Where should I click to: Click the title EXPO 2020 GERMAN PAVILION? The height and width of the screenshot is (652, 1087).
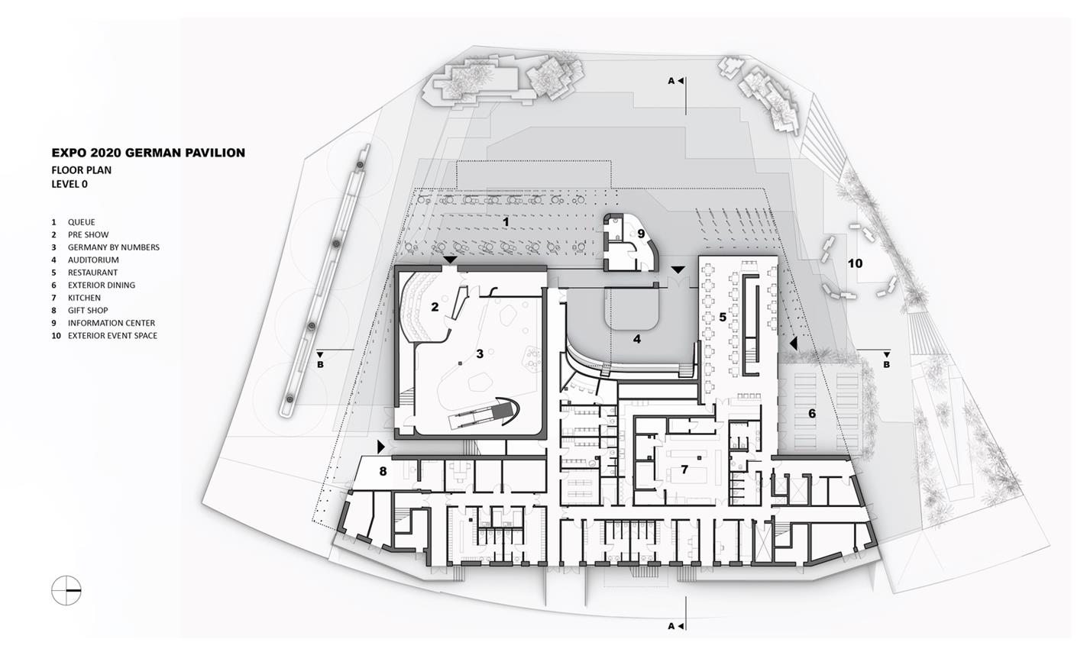(x=148, y=153)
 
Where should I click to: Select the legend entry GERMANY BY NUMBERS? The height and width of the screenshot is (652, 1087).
(x=113, y=247)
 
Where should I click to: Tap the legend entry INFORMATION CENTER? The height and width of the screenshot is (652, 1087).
(x=111, y=323)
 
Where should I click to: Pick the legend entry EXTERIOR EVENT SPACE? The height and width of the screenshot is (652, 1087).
(x=112, y=335)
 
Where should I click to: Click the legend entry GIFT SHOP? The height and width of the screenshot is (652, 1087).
(x=88, y=310)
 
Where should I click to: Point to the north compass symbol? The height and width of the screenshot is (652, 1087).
(x=66, y=589)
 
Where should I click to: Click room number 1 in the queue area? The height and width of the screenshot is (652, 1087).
(x=506, y=221)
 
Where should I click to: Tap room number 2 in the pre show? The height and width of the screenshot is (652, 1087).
(x=435, y=307)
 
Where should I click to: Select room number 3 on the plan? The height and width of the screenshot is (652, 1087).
(x=480, y=353)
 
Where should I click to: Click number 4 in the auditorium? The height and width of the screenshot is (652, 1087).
(x=636, y=338)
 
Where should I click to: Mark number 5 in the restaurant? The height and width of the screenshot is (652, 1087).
(x=722, y=316)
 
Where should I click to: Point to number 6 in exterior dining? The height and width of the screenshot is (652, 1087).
(x=811, y=413)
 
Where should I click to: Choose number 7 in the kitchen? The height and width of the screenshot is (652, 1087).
(x=684, y=470)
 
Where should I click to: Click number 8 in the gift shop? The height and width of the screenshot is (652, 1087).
(x=383, y=471)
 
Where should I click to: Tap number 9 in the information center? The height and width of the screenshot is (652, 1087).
(x=641, y=234)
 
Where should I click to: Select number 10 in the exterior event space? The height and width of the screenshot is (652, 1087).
(x=855, y=263)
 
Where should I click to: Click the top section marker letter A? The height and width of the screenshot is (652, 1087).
(x=671, y=80)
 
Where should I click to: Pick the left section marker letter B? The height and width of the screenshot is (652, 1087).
(x=320, y=364)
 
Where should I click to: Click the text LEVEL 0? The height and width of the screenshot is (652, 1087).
(x=70, y=184)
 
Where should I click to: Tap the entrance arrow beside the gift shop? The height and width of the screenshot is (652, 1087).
(x=381, y=446)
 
